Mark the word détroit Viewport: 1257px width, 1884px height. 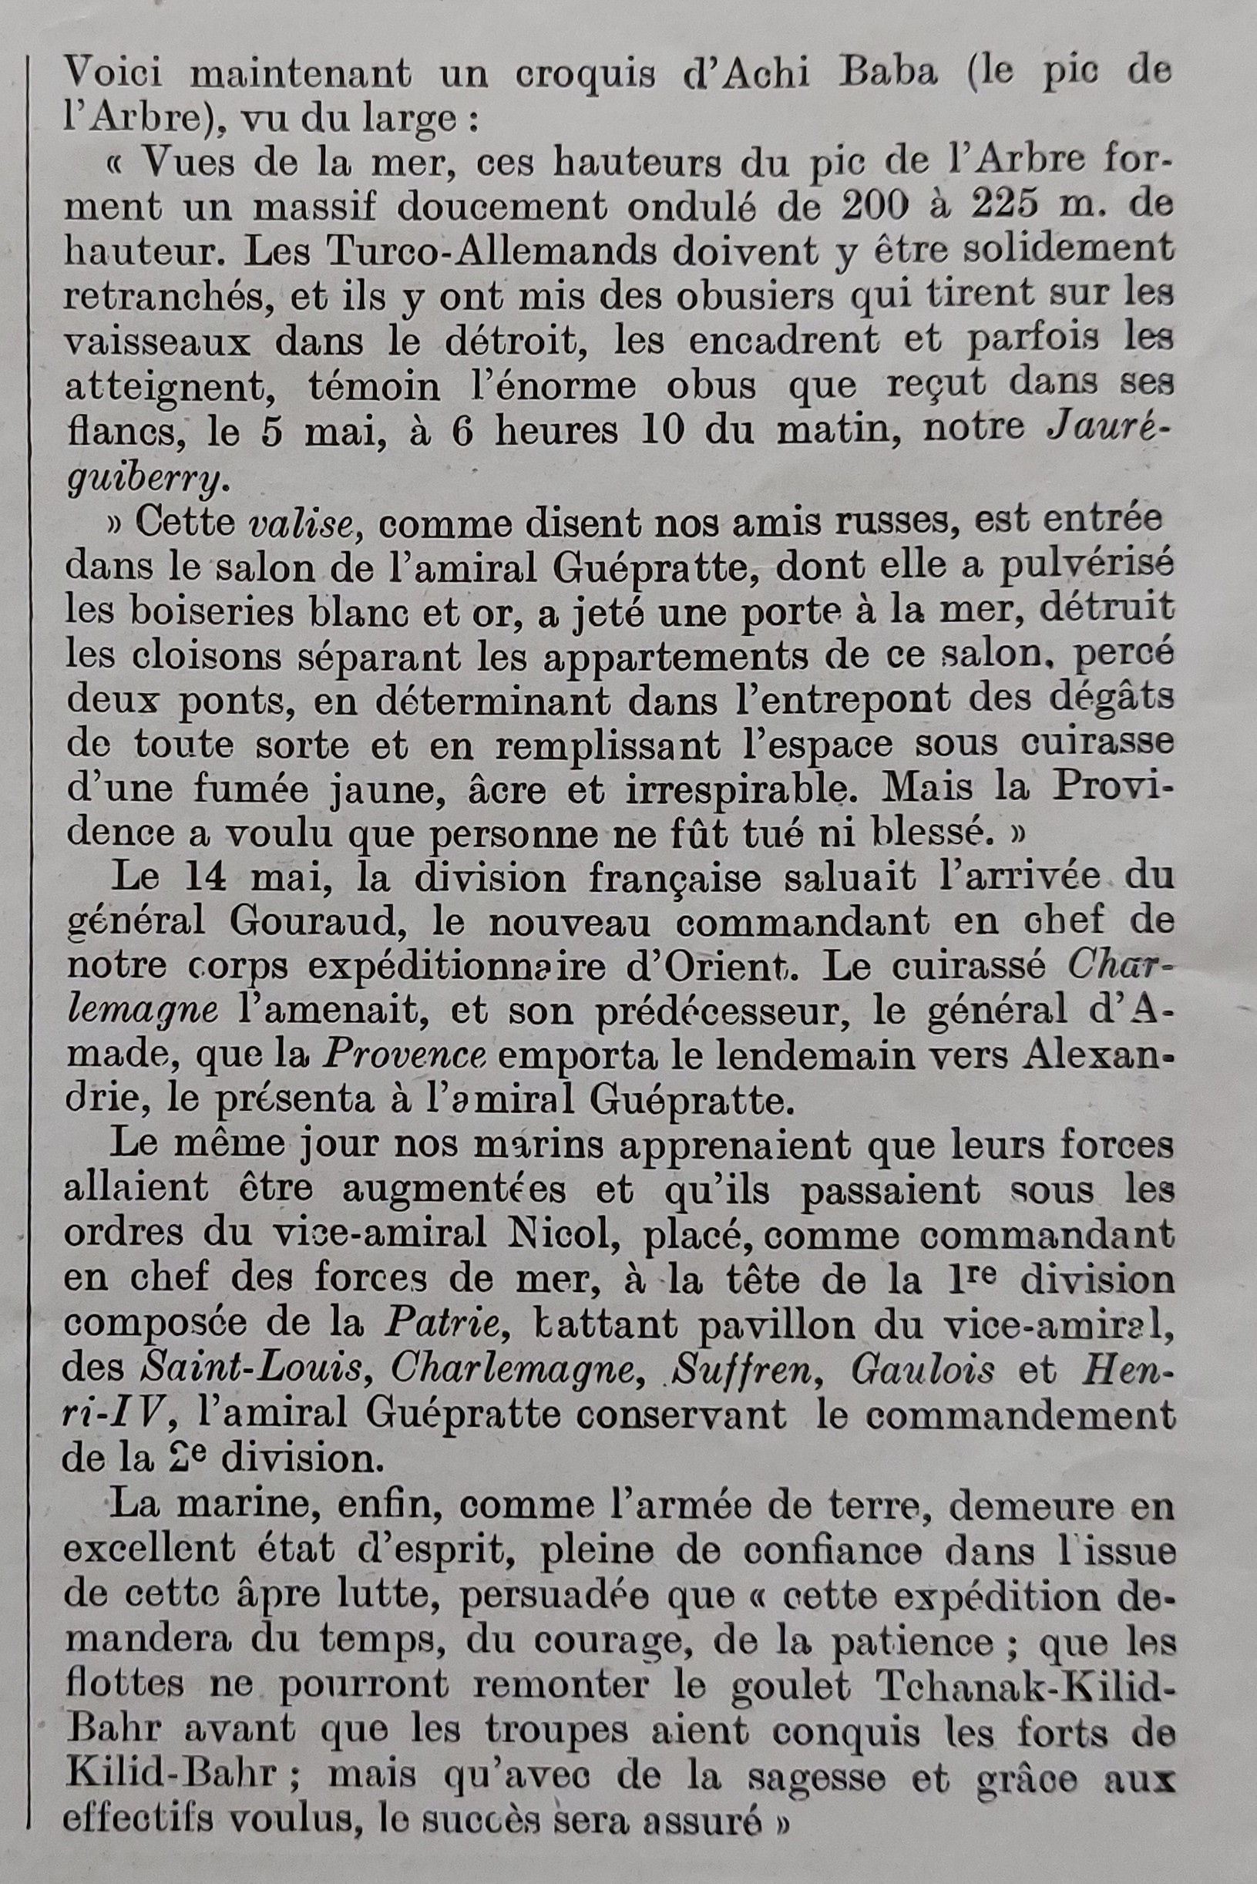click(x=512, y=341)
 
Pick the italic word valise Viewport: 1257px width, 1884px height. click(x=301, y=523)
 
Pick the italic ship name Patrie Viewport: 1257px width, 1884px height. click(x=442, y=1323)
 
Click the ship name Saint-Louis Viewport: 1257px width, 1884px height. click(x=252, y=1368)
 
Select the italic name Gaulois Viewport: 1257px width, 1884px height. click(x=923, y=1368)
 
